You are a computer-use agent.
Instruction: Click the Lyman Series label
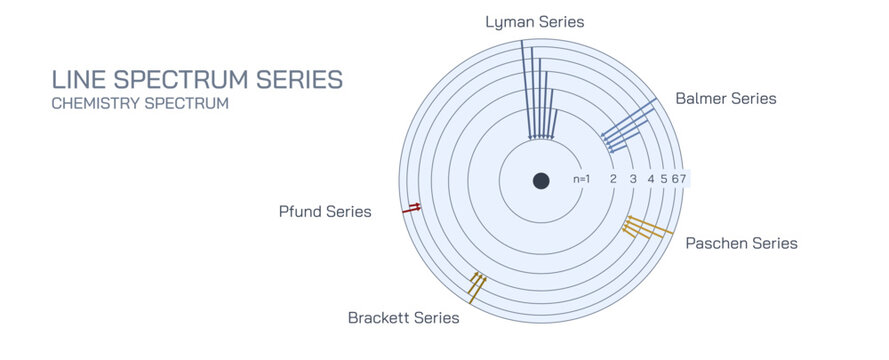534,21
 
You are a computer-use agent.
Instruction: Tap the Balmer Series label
725,98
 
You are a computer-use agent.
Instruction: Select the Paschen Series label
741,243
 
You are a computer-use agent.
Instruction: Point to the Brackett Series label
403,318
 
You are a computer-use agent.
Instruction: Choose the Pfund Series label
325,212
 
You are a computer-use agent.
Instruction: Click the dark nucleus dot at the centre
541,181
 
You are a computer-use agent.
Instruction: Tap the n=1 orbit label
582,179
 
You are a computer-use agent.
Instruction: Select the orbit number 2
612,179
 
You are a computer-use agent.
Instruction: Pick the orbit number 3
633,179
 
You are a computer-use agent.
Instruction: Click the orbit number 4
651,179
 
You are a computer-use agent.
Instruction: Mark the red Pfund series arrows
411,208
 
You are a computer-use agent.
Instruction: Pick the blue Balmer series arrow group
626,130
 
